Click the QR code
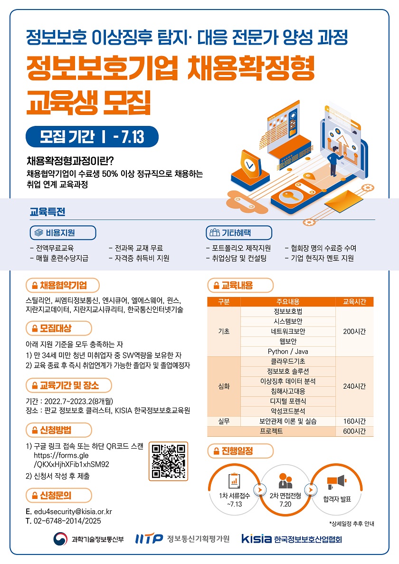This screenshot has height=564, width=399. pyautogui.click(x=168, y=461)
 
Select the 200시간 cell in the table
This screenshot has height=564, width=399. pyautogui.click(x=354, y=331)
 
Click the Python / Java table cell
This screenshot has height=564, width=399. pyautogui.click(x=288, y=352)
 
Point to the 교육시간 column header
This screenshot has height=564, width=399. pyautogui.click(x=354, y=301)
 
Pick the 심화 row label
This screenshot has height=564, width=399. pyautogui.click(x=224, y=386)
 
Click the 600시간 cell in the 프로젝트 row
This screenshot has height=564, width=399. pyautogui.click(x=354, y=431)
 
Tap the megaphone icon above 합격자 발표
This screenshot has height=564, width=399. pyautogui.click(x=336, y=482)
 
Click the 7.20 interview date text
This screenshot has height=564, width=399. pyautogui.click(x=285, y=504)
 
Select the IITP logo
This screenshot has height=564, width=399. pyautogui.click(x=149, y=538)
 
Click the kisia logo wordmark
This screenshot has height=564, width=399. pyautogui.click(x=256, y=538)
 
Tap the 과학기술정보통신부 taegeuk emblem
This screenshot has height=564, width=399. pyautogui.click(x=60, y=539)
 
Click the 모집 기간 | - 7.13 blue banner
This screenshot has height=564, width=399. pyautogui.click(x=92, y=137)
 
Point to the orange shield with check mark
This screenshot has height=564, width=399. pyautogui.click(x=248, y=165)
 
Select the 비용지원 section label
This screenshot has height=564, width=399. pyautogui.click(x=63, y=233)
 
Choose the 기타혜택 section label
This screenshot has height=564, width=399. pyautogui.click(x=238, y=233)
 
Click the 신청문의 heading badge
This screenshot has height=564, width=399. pyautogui.click(x=59, y=495)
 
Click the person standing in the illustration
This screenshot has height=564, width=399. pyautogui.click(x=334, y=160)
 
